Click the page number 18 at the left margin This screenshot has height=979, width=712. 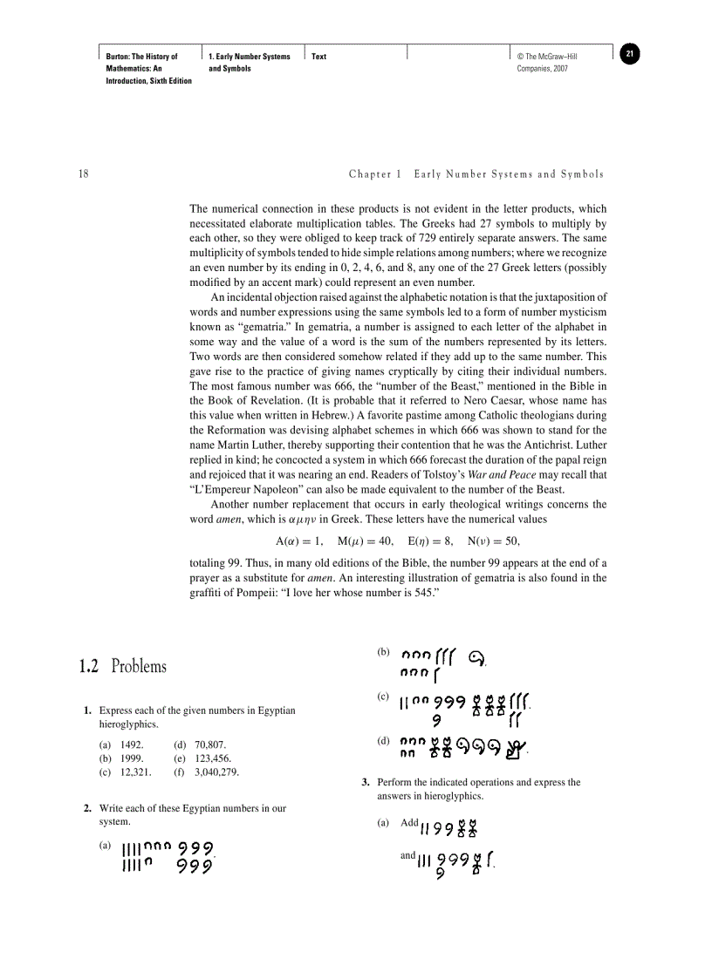coord(84,174)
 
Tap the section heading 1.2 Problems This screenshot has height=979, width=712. coord(122,667)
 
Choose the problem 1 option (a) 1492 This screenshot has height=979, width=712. coord(122,745)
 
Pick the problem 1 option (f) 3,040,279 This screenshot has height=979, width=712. coord(207,772)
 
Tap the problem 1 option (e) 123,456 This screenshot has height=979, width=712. coord(202,758)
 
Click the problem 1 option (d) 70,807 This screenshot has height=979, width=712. coord(201,745)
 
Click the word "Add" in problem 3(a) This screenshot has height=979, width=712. coord(409,823)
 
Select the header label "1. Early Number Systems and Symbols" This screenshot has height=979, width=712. coord(250,62)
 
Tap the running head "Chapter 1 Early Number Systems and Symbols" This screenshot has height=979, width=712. coord(476,174)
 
